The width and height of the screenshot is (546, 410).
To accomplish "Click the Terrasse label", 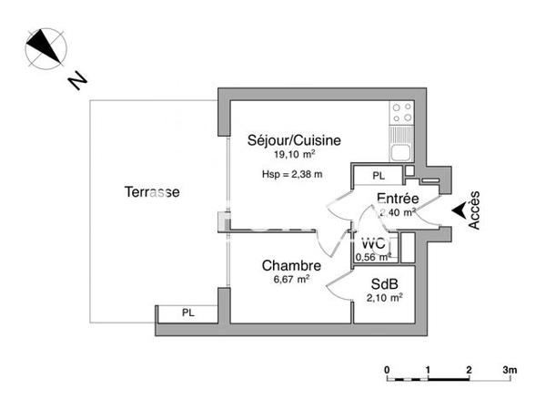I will point(152,192).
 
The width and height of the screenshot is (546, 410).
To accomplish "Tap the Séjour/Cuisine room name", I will point(294,140).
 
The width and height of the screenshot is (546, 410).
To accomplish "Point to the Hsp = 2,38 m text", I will point(292,173).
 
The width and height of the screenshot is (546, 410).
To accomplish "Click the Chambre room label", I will point(291,265).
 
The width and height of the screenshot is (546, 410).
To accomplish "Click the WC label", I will point(373,244).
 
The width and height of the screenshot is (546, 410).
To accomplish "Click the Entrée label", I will point(397,199).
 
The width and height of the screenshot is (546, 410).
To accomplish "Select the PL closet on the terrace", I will point(187,313).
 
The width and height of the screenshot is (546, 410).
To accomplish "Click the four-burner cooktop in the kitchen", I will point(401,113).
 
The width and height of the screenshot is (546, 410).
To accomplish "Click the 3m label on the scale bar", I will point(510,370).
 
